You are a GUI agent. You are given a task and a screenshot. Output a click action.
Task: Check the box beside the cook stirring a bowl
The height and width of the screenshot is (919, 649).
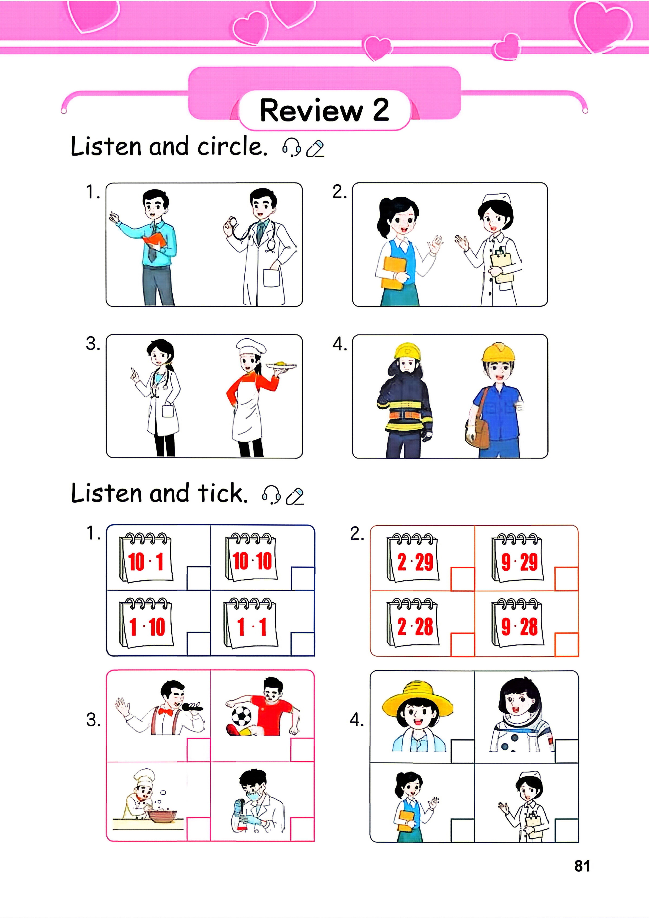(x=199, y=829)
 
